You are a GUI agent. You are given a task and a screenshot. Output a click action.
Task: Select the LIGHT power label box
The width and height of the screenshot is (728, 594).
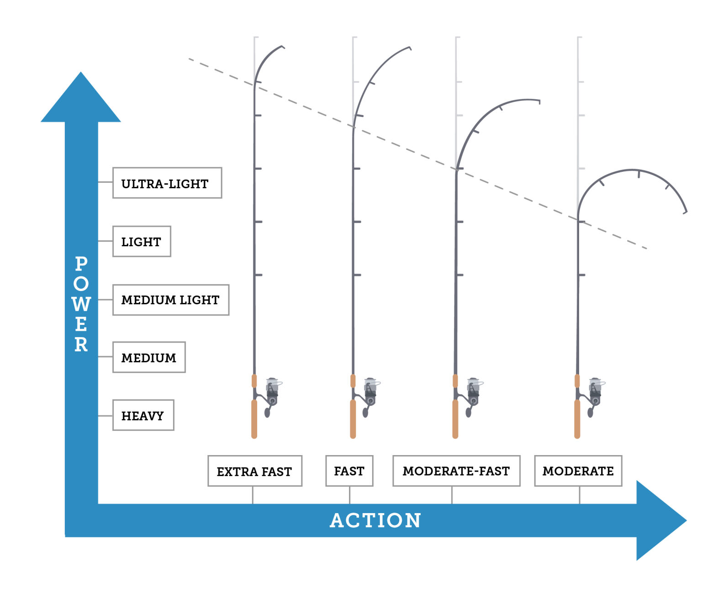click(142, 241)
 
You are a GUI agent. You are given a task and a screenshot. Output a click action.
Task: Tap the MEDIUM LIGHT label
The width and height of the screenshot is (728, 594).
click(170, 300)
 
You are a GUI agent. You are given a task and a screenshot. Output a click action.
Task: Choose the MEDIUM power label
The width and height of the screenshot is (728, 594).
click(149, 357)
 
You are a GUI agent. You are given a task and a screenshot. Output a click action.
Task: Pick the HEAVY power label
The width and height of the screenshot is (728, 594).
click(143, 415)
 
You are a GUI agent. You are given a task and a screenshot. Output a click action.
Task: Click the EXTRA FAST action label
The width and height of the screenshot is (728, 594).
click(254, 471)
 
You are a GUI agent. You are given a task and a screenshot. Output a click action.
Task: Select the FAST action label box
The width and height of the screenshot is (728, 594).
click(349, 471)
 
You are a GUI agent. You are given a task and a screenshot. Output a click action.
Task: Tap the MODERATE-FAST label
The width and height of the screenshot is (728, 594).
click(456, 471)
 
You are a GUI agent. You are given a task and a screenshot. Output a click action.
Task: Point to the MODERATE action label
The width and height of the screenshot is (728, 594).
click(578, 471)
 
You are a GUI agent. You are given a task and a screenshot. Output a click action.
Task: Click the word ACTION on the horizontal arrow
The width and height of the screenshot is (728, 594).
click(375, 520)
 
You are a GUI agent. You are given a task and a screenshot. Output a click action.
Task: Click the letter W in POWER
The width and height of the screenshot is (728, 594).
click(81, 304)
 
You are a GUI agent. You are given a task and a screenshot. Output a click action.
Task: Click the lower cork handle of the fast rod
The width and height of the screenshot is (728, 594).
click(353, 419)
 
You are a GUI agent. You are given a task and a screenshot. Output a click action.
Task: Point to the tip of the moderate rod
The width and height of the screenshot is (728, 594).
click(685, 211)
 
